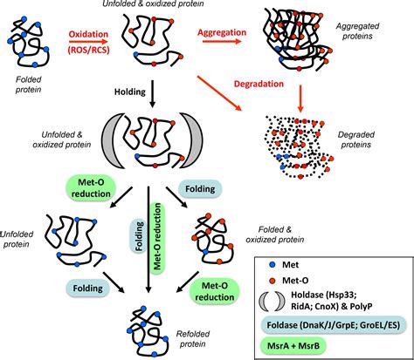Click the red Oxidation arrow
(x=88, y=42)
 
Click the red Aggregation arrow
(x=222, y=41)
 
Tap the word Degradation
(x=259, y=85)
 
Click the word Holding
(x=130, y=92)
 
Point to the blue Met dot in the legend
(x=273, y=265)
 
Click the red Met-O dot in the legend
(x=273, y=281)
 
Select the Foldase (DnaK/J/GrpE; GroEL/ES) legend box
(x=334, y=325)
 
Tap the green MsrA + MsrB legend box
(x=293, y=346)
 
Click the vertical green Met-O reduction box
(x=157, y=237)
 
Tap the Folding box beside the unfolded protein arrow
(x=88, y=289)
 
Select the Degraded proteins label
(x=356, y=139)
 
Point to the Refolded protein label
(x=193, y=339)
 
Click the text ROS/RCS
(x=88, y=50)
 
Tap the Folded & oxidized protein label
(x=275, y=234)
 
